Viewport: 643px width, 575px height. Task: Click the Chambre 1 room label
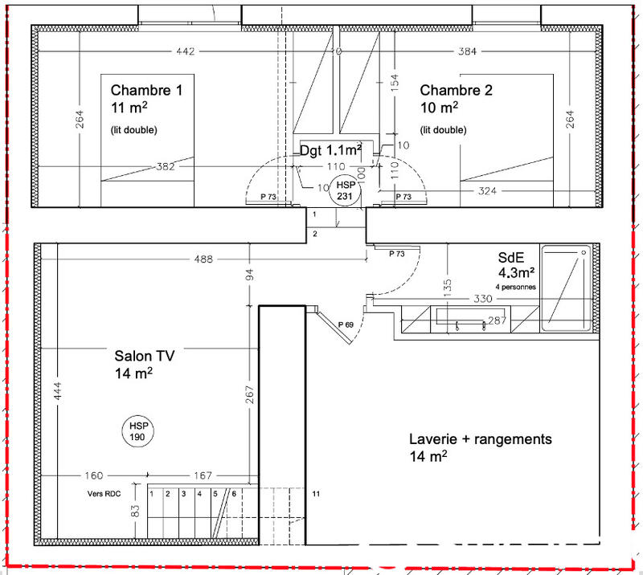pos(146,91)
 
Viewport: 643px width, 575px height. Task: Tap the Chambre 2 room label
pos(456,91)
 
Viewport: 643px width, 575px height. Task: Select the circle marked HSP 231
pos(345,190)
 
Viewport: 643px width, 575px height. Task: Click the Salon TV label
pos(145,354)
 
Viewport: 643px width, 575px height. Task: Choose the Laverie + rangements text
pos(480,439)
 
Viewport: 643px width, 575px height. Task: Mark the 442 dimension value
pos(185,52)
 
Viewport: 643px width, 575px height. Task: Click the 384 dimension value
pos(468,52)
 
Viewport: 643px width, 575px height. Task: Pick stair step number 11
pos(316,493)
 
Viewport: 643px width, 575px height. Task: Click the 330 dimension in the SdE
pos(481,299)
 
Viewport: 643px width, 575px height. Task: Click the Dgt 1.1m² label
pos(330,149)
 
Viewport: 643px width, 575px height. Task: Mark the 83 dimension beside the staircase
pos(137,510)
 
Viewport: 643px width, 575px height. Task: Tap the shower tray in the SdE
pos(567,288)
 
